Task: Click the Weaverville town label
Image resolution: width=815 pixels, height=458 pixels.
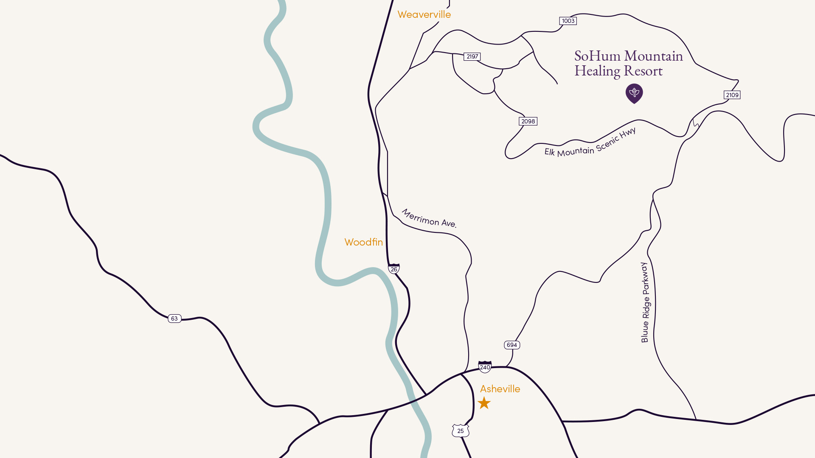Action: coord(424,14)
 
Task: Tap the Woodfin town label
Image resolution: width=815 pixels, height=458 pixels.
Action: coord(363,242)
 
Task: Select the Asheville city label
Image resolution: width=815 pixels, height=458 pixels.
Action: coord(500,389)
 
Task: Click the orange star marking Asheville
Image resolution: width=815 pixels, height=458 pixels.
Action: coord(484,403)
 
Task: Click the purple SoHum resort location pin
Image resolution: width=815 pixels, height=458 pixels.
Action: coord(634,93)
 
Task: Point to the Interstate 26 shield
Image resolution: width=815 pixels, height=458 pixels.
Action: coord(394,269)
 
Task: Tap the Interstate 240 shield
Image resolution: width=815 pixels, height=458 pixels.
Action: coord(485,367)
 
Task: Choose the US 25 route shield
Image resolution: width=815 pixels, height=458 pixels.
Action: coord(461,431)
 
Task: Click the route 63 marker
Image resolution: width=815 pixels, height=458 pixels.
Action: coord(174,318)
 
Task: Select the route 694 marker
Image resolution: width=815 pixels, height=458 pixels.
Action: coord(512,345)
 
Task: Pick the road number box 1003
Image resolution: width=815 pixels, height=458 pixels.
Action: coord(568,21)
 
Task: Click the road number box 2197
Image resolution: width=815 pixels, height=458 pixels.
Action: coord(472,56)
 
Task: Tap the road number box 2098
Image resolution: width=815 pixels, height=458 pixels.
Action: coord(528,121)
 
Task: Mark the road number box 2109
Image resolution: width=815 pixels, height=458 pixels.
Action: coord(732,95)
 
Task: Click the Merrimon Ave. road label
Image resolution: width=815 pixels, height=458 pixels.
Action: coord(429,219)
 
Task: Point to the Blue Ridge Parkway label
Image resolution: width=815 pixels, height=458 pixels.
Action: coord(645,302)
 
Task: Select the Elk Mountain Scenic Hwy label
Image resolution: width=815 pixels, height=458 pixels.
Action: coord(590,144)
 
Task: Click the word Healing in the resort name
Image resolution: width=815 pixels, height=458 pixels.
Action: coord(597,71)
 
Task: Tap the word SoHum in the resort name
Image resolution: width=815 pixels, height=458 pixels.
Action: coord(597,56)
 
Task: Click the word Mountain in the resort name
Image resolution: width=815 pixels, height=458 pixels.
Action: coord(653,56)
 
